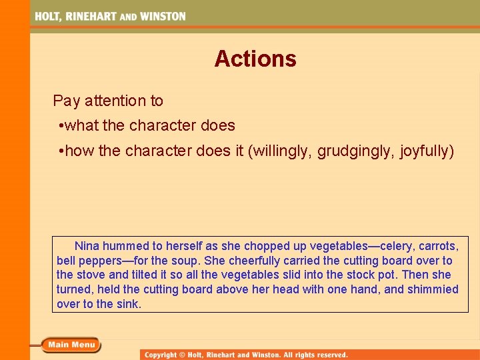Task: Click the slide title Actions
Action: click(x=255, y=59)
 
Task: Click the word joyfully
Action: click(x=424, y=152)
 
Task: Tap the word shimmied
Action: click(x=434, y=289)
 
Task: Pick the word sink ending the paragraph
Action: click(x=129, y=304)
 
